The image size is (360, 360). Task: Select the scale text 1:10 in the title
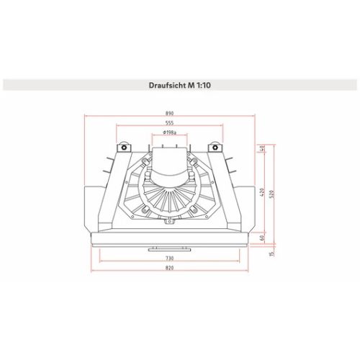[204, 85]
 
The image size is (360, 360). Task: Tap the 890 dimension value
[169, 113]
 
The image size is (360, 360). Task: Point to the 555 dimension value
[169, 123]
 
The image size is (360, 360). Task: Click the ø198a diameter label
[169, 132]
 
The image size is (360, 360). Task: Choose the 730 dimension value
[169, 258]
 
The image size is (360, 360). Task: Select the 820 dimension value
[169, 268]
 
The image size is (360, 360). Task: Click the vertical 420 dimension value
[262, 192]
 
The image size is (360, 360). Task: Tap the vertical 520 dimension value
[271, 194]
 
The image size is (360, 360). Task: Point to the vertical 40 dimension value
[262, 148]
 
